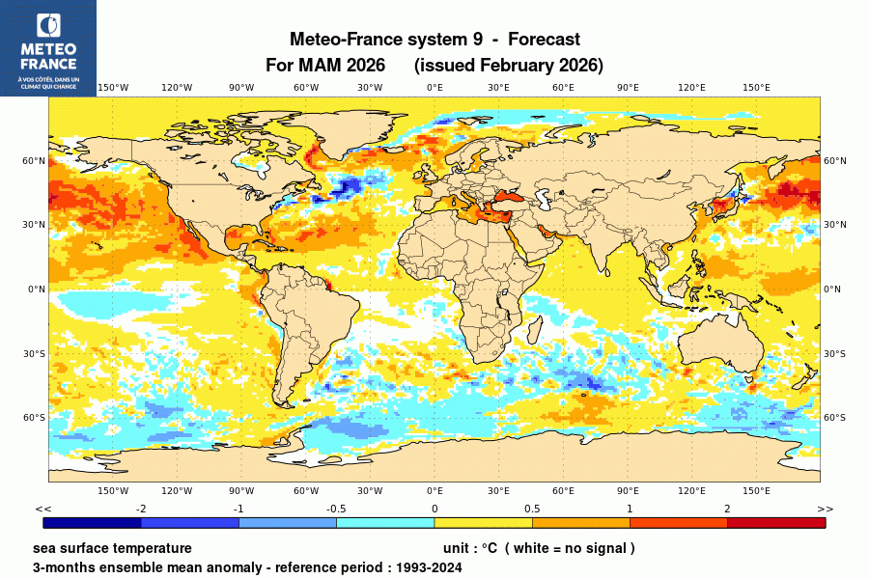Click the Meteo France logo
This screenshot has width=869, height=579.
click(x=47, y=47)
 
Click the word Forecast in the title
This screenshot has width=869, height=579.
click(x=544, y=40)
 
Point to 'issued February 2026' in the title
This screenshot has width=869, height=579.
click(x=508, y=66)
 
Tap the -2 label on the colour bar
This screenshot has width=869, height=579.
click(x=141, y=509)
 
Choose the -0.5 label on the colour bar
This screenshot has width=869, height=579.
click(x=336, y=509)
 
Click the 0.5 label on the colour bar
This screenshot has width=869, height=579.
click(x=532, y=509)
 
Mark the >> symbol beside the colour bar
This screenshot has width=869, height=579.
click(x=825, y=509)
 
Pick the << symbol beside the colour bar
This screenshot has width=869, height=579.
click(x=42, y=509)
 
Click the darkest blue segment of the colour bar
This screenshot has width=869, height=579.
click(x=93, y=523)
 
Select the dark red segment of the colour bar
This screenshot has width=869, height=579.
click(x=776, y=523)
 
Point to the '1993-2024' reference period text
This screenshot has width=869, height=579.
click(x=428, y=567)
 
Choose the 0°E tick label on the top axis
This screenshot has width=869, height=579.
click(x=434, y=88)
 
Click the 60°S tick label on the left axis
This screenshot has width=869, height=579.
click(x=35, y=417)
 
